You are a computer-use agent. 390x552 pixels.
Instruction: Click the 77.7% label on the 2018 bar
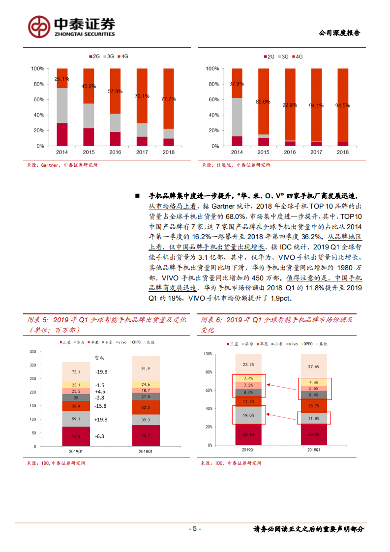[x=169, y=99]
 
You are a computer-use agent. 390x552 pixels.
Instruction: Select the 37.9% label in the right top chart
[x=237, y=83]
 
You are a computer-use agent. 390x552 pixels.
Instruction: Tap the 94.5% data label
[x=343, y=105]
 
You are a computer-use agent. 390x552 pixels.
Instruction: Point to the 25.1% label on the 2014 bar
[x=62, y=79]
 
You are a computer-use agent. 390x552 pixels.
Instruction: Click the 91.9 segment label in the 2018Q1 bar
[x=146, y=368]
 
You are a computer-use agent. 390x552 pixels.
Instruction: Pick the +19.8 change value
[x=100, y=420]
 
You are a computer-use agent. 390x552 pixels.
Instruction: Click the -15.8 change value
[x=100, y=406]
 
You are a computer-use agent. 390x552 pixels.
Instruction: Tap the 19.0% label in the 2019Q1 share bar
[x=249, y=415]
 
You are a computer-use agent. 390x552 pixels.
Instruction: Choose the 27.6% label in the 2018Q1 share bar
[x=314, y=367]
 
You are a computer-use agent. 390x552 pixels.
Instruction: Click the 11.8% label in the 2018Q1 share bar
[x=314, y=419]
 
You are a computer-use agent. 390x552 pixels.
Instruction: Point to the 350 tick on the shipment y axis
[x=33, y=351]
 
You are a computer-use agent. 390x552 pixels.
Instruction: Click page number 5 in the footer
[x=195, y=529]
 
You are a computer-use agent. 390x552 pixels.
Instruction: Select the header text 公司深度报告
[x=339, y=33]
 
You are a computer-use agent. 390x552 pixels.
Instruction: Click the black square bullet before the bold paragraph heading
[x=137, y=195]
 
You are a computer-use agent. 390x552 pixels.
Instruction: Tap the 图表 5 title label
[x=39, y=320]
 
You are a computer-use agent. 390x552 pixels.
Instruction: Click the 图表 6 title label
[x=213, y=320]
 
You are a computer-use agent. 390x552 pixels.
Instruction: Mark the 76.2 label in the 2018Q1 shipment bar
[x=146, y=436]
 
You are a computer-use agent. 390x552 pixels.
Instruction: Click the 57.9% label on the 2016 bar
[x=115, y=92]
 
